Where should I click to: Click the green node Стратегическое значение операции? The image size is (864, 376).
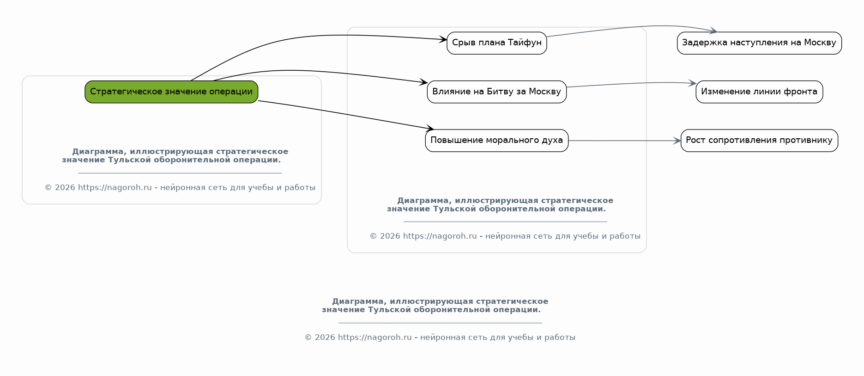click(171, 92)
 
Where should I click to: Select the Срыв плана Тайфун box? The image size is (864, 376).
click(497, 43)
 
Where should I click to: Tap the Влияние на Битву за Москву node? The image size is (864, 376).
click(497, 92)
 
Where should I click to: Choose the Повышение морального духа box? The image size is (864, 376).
click(497, 141)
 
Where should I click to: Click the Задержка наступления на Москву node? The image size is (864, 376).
click(759, 43)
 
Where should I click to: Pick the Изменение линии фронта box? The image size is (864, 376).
click(759, 92)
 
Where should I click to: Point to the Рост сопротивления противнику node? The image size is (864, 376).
click(759, 141)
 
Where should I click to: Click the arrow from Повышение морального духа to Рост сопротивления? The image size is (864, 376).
click(624, 141)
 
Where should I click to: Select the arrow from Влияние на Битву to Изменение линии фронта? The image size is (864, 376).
click(631, 83)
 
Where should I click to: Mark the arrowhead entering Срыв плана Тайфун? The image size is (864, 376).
click(443, 40)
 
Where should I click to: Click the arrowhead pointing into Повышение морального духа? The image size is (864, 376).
click(429, 129)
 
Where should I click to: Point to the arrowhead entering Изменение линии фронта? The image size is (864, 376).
click(692, 83)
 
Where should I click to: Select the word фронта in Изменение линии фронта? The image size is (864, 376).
click(803, 92)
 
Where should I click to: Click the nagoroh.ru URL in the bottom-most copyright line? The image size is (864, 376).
click(375, 338)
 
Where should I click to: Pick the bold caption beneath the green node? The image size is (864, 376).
click(175, 156)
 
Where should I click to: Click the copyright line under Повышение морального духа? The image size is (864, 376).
click(505, 236)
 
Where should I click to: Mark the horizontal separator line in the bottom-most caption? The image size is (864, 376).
click(440, 323)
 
